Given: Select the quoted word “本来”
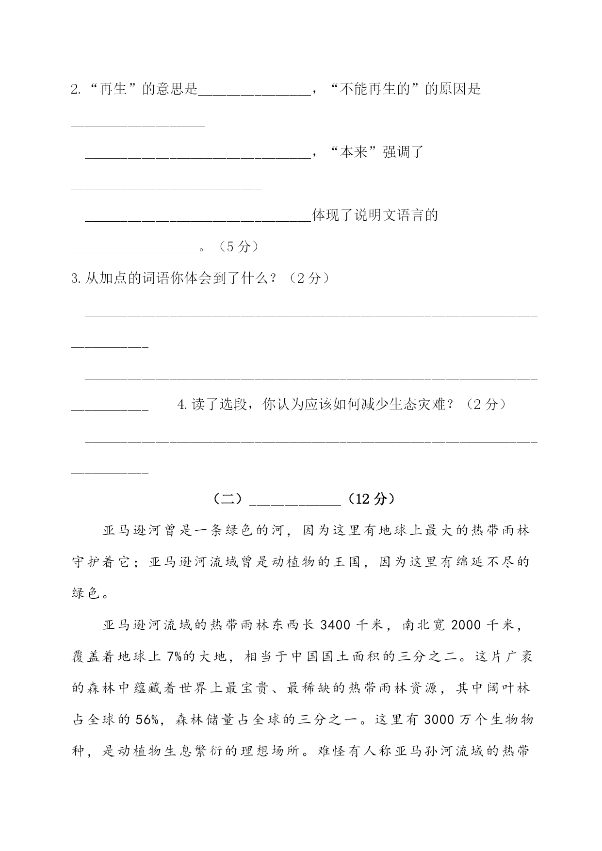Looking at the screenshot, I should point(353,152).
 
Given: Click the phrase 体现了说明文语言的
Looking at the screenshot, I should point(375,215).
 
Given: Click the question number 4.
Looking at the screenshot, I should point(183,404).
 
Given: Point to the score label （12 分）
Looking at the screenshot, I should point(371,499).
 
